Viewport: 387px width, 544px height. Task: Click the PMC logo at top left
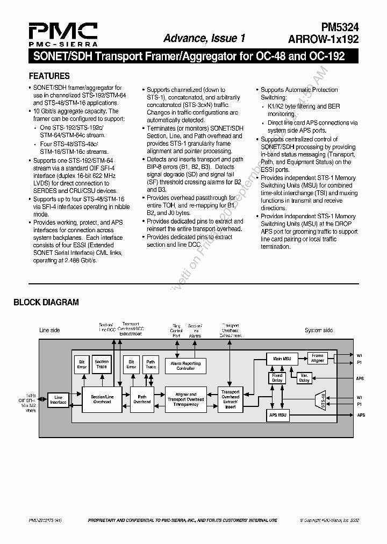tap(63, 34)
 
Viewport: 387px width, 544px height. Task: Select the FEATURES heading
tap(49, 76)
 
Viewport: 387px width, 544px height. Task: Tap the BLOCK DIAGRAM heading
tap(46, 302)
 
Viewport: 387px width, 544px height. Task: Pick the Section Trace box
tap(102, 364)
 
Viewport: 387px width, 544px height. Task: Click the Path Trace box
tap(150, 364)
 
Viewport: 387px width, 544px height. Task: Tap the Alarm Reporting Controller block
tap(186, 366)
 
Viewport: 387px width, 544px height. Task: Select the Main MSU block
tap(282, 358)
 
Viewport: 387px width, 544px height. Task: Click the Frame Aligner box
tap(318, 358)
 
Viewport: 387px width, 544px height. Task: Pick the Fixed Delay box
tap(277, 378)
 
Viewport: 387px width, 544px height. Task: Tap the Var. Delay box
tap(304, 378)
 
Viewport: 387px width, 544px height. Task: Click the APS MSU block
tap(278, 416)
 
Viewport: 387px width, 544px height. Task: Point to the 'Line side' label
tap(49, 330)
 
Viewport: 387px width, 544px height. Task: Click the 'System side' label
tap(318, 330)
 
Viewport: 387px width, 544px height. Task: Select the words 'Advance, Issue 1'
tap(204, 38)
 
